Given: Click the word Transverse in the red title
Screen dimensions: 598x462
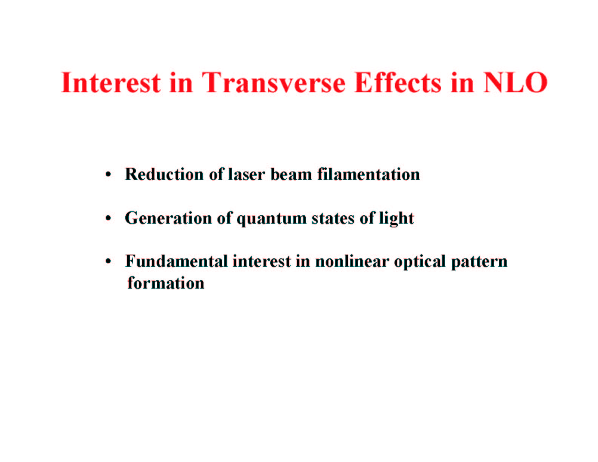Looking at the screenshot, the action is (x=273, y=83).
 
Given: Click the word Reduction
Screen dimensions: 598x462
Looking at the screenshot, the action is (x=164, y=174).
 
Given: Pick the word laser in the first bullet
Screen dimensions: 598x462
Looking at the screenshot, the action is (x=247, y=174).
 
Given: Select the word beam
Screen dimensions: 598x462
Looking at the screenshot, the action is (x=291, y=174).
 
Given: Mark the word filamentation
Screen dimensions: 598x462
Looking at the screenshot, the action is (x=368, y=174).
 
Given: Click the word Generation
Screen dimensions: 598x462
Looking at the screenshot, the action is (x=168, y=218).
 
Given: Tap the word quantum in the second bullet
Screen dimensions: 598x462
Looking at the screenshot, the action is (x=271, y=219).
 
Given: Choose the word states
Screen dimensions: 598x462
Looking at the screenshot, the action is (x=333, y=218).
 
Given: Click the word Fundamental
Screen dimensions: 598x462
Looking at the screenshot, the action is (x=176, y=261).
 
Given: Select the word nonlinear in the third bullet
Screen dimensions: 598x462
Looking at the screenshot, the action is (x=352, y=261).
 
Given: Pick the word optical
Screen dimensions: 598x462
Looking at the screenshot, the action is (x=420, y=262).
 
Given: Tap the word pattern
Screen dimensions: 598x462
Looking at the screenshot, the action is (x=479, y=262).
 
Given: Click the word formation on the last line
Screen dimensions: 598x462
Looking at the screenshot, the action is (x=166, y=283).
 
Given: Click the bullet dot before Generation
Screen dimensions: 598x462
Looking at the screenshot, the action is (x=108, y=218).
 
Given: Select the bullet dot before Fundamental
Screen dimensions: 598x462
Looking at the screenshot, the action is (x=108, y=261).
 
